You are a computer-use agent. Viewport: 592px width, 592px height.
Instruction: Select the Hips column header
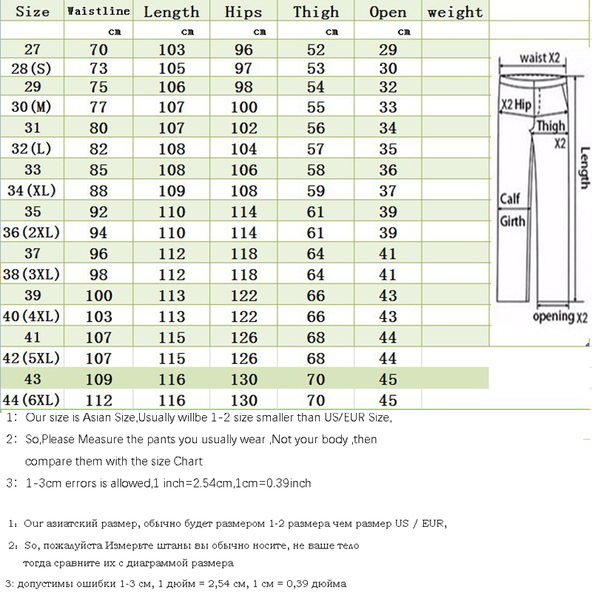(243, 12)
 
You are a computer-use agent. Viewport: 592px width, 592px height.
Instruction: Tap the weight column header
(454, 12)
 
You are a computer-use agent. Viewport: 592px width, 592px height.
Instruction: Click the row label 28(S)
(32, 68)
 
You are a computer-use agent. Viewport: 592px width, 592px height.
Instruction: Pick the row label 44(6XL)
(33, 400)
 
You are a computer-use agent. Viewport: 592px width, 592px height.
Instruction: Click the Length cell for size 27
(172, 50)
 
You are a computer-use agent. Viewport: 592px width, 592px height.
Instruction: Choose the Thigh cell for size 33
(316, 170)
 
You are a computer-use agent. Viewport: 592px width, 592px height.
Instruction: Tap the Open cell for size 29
(388, 86)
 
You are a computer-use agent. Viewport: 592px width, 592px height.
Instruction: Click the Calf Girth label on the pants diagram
(512, 209)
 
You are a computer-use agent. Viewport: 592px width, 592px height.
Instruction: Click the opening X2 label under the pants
(559, 317)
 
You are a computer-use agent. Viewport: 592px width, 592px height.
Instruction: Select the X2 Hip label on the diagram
(517, 105)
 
